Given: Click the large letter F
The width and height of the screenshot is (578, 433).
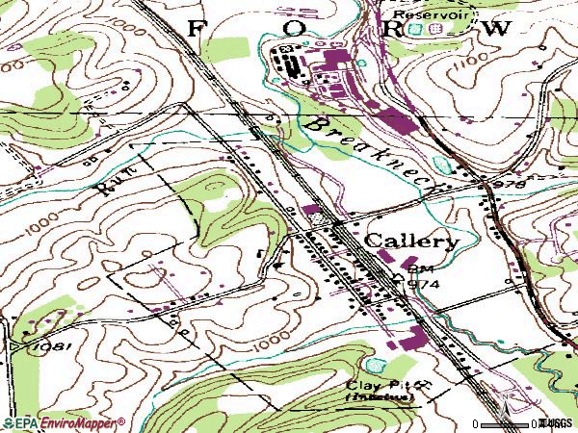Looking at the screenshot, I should point(196,29).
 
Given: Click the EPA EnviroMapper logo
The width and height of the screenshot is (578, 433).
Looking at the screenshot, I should point(63,421).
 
